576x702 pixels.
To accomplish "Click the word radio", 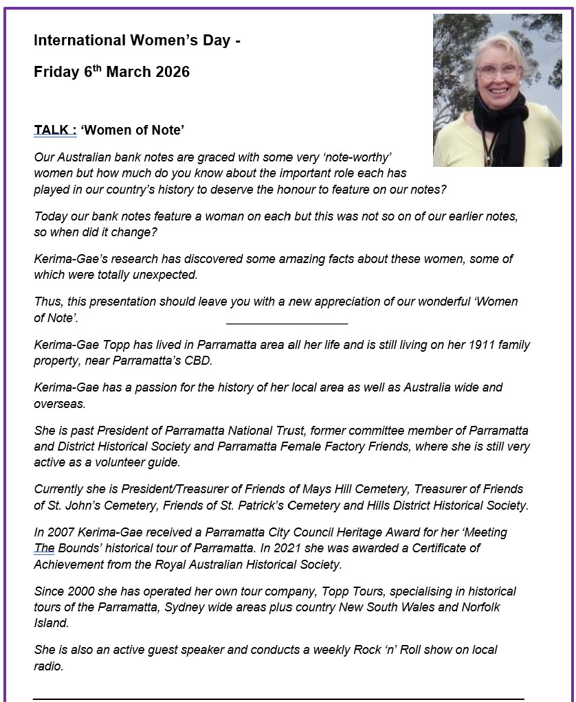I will click(x=49, y=665).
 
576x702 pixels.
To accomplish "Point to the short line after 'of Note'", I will click(x=287, y=322).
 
